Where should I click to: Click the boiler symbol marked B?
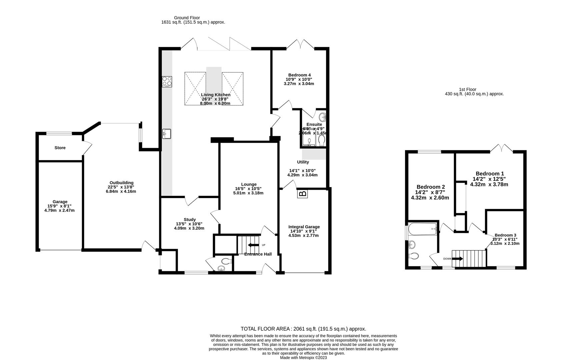302,194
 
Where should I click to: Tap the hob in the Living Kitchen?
167,82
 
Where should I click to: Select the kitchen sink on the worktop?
166,134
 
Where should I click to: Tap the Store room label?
60,148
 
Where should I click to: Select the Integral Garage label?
304,227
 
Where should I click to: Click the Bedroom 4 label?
300,75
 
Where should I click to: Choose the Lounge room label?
249,184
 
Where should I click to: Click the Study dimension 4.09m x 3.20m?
189,228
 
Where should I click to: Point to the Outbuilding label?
121,183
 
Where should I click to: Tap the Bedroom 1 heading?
489,174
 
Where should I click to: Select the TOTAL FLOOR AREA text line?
303,329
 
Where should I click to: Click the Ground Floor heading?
187,18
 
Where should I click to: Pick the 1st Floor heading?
467,89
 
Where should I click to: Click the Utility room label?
303,162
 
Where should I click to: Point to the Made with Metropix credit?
303,358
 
